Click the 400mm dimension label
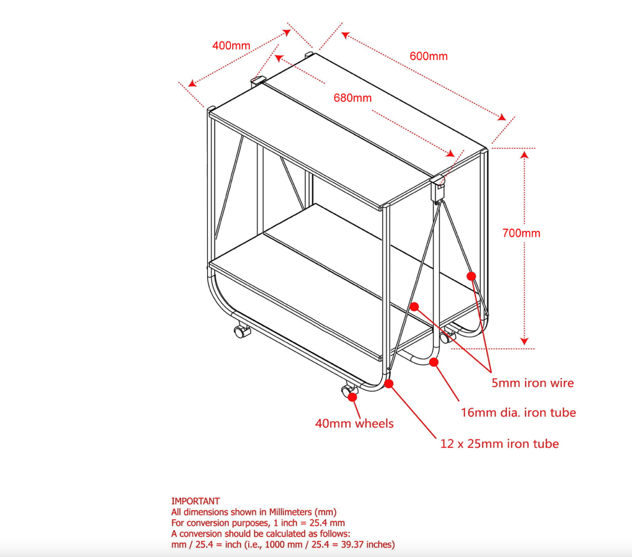point(231,45)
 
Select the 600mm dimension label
point(429,56)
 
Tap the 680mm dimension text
point(352,98)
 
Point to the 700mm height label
point(521,233)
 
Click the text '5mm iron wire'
point(533,383)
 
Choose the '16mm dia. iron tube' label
point(518,412)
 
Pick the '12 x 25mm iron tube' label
point(499,443)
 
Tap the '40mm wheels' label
point(355,423)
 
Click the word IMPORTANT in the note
point(196,501)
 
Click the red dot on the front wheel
point(352,397)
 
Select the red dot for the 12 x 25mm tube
point(388,383)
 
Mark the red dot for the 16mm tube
point(434,362)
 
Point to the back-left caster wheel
point(242,331)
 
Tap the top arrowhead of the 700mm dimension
point(524,155)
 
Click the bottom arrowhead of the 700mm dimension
point(524,341)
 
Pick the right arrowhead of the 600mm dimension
point(502,117)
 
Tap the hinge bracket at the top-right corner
point(437,188)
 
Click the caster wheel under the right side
point(446,337)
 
